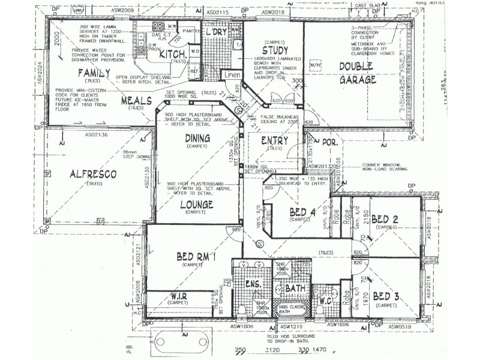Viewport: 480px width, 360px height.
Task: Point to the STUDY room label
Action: pos(275,50)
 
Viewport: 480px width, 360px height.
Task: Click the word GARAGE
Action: pos(356,79)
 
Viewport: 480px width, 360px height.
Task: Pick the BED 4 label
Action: pos(298,212)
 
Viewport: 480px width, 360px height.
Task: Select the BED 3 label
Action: pos(384,296)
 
